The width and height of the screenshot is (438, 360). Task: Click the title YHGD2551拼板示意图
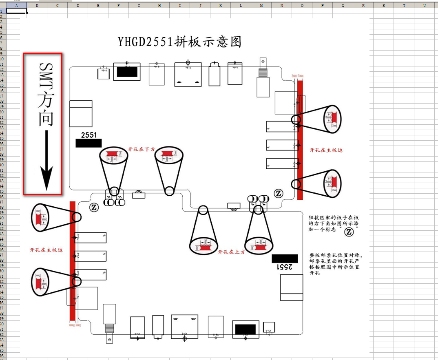click(x=180, y=42)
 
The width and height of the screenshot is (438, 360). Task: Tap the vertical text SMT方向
click(x=46, y=94)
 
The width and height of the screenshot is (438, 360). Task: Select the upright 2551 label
click(x=88, y=135)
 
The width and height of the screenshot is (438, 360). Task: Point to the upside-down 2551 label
click(x=285, y=267)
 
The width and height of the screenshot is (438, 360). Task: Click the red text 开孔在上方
click(x=232, y=252)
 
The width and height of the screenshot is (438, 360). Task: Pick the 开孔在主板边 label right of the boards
click(x=326, y=150)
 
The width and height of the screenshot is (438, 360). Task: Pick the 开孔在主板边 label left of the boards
click(x=46, y=250)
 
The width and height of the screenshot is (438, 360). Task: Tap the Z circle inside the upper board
click(x=279, y=193)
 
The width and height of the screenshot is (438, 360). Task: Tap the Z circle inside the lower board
click(x=94, y=207)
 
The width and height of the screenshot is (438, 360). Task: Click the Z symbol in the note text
click(x=349, y=232)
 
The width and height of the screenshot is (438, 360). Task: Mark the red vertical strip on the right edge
click(x=300, y=139)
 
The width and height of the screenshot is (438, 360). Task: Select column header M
click(x=261, y=5)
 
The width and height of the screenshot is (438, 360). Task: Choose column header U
click(x=425, y=5)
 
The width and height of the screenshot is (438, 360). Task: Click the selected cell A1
click(x=17, y=11)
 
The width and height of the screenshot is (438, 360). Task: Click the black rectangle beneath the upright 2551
click(x=88, y=143)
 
